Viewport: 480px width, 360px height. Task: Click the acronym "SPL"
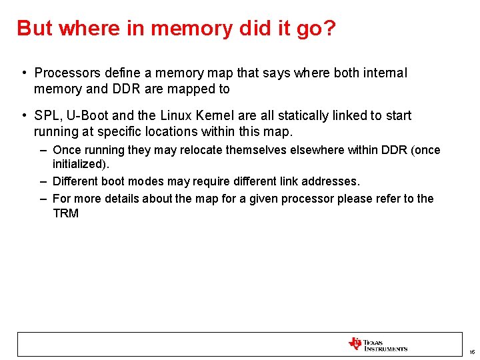(46, 115)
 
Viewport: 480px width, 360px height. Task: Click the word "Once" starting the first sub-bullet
(67, 150)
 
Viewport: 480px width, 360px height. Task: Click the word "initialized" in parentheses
(79, 163)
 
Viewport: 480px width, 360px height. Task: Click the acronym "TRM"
(65, 213)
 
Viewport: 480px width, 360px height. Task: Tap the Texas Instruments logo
(377, 344)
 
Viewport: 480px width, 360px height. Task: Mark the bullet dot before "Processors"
(23, 73)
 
